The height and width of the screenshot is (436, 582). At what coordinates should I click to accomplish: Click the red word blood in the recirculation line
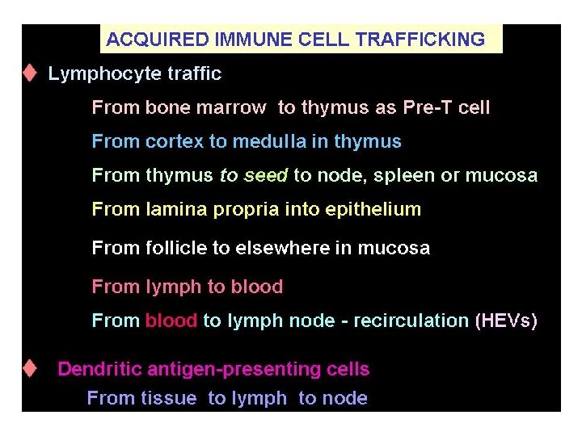point(171,321)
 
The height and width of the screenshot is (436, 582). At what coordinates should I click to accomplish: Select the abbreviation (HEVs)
point(506,321)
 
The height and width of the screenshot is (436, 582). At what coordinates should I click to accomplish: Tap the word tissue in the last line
point(169,398)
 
